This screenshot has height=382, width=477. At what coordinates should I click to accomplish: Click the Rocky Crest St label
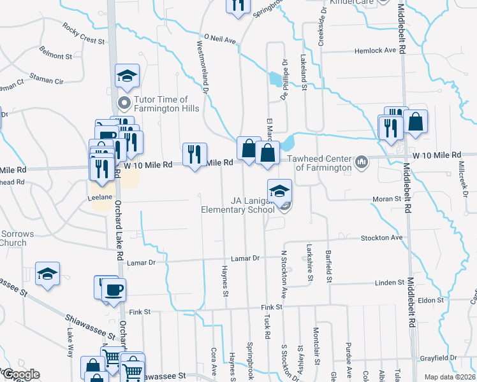(x=83, y=34)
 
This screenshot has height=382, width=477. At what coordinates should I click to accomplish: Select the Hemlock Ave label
(x=379, y=50)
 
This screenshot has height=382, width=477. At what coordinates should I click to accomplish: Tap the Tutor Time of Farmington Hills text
(x=161, y=104)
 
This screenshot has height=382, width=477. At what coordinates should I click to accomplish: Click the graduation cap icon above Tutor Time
(x=127, y=76)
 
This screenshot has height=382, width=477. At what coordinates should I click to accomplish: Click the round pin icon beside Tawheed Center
(x=362, y=162)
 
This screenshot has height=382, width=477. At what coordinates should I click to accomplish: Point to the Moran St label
(x=386, y=199)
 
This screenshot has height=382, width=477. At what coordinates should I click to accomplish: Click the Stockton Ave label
(x=382, y=237)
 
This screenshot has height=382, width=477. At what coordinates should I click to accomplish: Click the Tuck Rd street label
(x=267, y=326)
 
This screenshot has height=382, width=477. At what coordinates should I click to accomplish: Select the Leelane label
(x=101, y=197)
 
